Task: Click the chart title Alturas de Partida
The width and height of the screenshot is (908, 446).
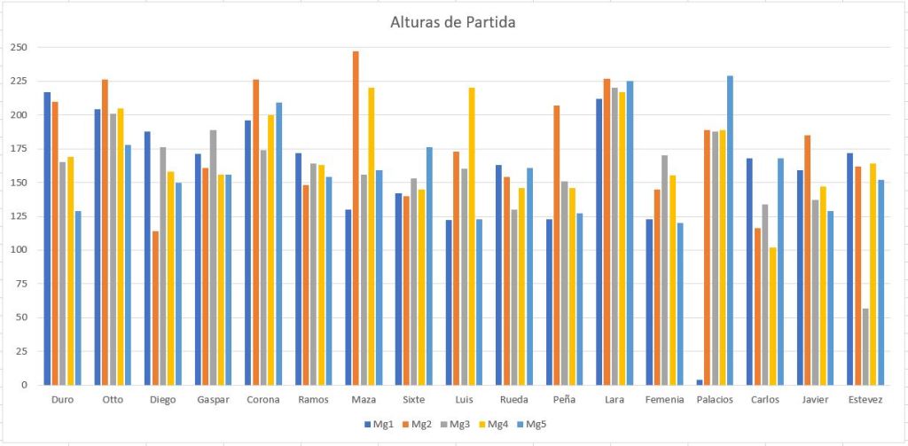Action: point(452,23)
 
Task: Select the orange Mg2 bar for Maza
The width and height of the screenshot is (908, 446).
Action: point(356,217)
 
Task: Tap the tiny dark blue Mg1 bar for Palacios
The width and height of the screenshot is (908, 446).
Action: point(699,382)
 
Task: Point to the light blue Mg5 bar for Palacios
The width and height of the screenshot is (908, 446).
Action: point(731,231)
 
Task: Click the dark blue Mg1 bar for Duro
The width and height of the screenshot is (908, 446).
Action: point(47,239)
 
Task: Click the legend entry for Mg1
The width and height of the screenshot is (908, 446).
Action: point(380,425)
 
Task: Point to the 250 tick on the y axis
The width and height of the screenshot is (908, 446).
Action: point(18,47)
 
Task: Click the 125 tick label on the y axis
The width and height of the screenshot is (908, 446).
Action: point(18,216)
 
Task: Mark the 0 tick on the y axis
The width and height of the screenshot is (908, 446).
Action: point(23,385)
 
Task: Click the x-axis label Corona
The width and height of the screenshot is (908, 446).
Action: point(263,400)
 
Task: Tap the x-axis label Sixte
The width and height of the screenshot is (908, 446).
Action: point(413,400)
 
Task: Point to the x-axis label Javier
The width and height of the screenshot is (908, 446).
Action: point(815,400)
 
